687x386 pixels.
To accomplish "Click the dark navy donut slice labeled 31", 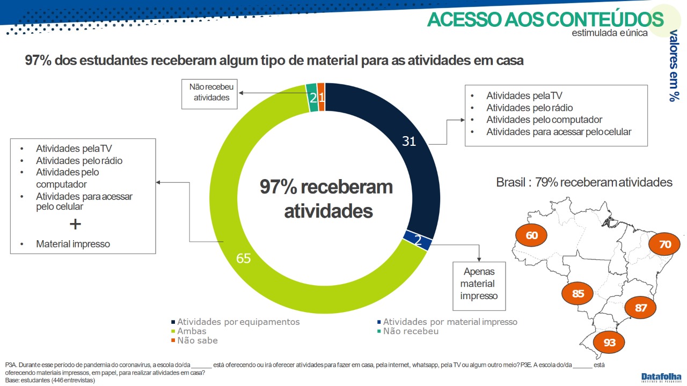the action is point(408,141).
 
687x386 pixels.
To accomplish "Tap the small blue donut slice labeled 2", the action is point(418,240).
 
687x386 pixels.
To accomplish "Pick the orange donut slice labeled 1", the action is point(321,97).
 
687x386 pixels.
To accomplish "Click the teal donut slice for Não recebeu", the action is point(312,98).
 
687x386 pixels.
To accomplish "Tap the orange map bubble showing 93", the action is point(609,342).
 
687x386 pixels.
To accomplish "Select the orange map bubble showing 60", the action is point(531,235).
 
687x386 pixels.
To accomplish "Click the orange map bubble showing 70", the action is point(664,244).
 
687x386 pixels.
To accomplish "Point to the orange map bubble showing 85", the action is point(577,293).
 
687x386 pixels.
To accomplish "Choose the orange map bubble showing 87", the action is point(640,308).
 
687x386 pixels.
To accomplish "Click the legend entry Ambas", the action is point(189,331).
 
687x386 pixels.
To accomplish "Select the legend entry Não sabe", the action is point(194,340).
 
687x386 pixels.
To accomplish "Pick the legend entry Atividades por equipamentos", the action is point(236,322).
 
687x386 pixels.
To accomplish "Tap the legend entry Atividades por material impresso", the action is point(447,322).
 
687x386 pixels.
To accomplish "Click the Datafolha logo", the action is point(660,377).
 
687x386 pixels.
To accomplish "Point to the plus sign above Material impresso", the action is point(75,224).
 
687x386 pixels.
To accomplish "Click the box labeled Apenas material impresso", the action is point(479,286).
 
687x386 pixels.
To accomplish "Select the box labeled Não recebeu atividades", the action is point(209,94).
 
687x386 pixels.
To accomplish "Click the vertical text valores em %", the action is point(674,65).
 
